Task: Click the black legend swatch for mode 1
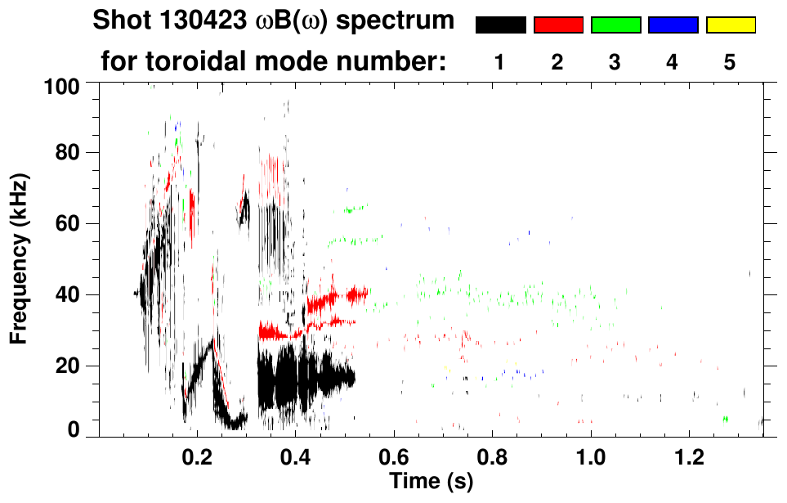tap(500, 25)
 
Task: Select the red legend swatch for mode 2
tap(558, 25)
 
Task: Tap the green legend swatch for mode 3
tap(615, 25)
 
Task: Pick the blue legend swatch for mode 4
tap(673, 25)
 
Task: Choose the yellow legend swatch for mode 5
tap(731, 25)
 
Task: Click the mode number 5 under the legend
tap(730, 62)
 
